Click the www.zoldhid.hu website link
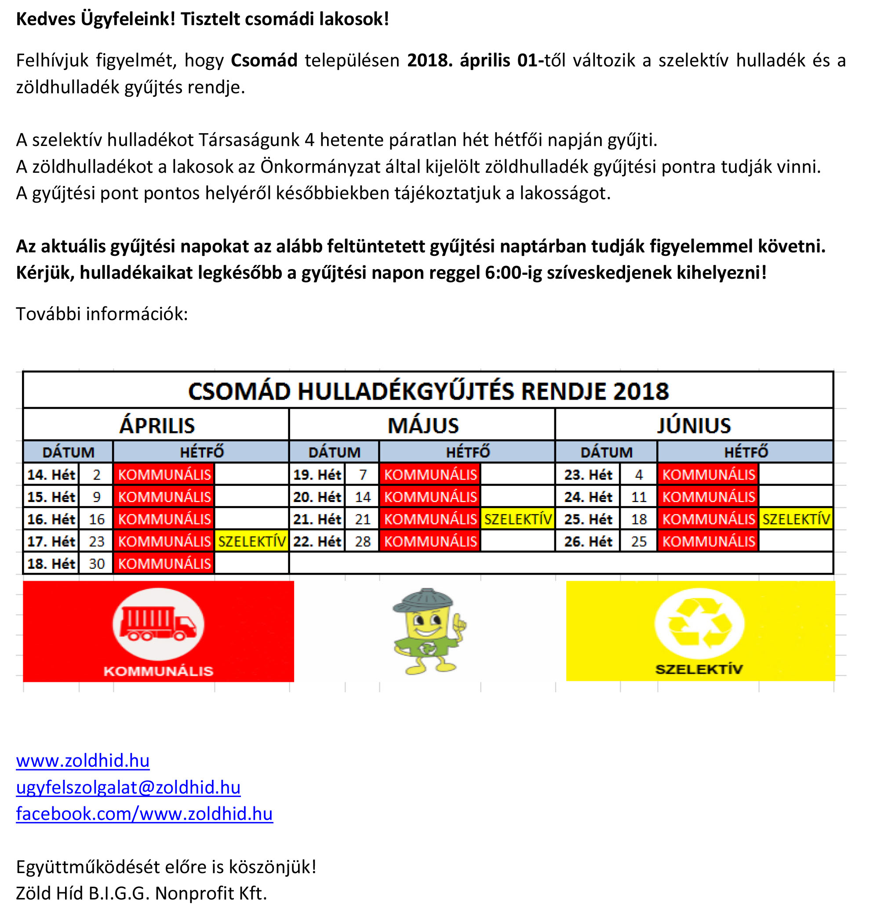click(83, 761)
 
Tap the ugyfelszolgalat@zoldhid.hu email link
click(128, 787)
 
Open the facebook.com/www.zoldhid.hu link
click(144, 814)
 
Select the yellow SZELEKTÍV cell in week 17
click(251, 541)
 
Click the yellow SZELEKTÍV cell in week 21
click(518, 519)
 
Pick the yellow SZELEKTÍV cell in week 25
click(796, 519)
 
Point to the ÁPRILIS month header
click(157, 425)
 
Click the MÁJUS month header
click(423, 425)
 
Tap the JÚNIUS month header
click(694, 425)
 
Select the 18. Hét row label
click(51, 564)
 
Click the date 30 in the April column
click(97, 564)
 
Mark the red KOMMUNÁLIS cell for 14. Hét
click(164, 474)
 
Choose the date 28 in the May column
click(363, 541)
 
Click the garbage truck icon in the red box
click(158, 623)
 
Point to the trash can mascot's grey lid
click(423, 599)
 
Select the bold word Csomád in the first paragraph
click(264, 60)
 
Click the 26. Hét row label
click(588, 541)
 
